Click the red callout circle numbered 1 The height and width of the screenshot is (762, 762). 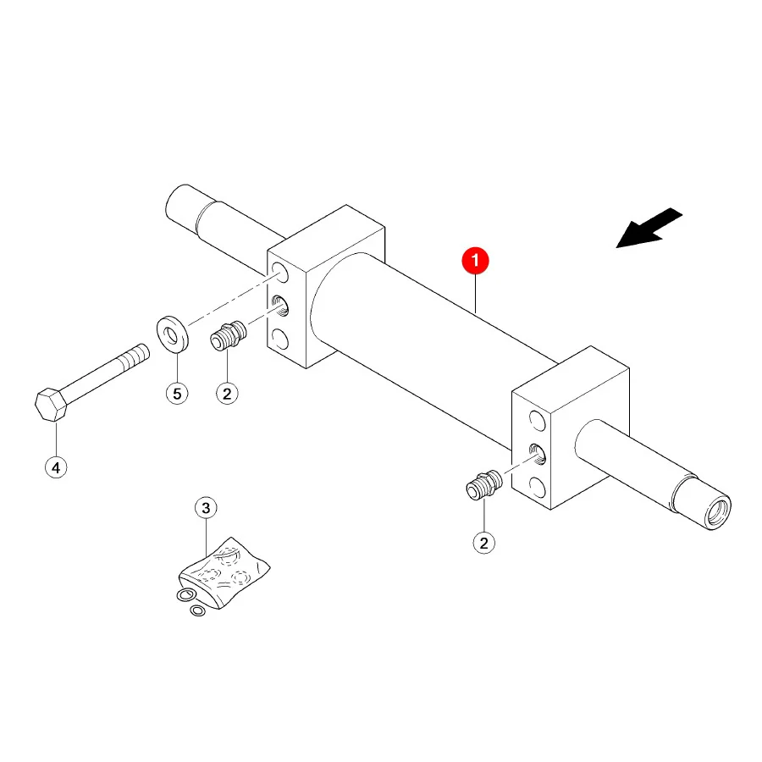click(475, 261)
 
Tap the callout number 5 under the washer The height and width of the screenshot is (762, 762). click(177, 394)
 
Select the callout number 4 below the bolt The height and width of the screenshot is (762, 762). click(56, 467)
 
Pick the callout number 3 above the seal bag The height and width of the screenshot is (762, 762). click(206, 508)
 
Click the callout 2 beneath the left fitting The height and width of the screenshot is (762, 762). click(227, 393)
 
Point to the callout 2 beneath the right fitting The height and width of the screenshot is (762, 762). click(483, 543)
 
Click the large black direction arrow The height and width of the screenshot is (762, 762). click(649, 228)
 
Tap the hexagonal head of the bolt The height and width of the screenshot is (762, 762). click(51, 405)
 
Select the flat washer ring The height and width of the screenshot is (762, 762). click(173, 334)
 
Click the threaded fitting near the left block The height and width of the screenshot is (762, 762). click(229, 334)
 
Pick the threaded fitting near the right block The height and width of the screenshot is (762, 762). click(484, 484)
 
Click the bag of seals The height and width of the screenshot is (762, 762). click(224, 572)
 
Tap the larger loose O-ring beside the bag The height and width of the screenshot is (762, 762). click(186, 594)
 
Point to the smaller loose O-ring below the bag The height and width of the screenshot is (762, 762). click(198, 610)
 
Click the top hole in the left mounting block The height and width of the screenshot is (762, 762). click(279, 272)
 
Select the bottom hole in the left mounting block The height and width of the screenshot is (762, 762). click(279, 339)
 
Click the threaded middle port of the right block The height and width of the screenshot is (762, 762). click(537, 454)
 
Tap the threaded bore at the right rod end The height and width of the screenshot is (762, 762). click(719, 514)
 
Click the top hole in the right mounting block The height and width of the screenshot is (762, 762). click(537, 421)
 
